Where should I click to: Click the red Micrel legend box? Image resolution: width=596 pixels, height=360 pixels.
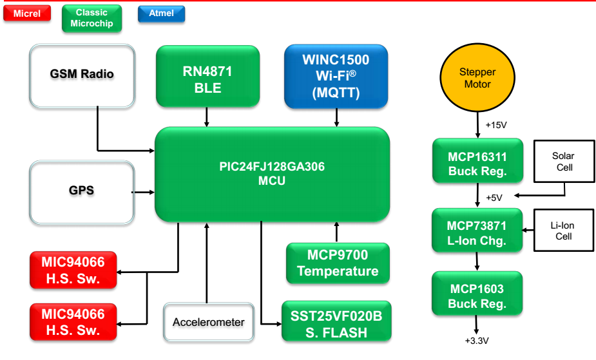[26, 13]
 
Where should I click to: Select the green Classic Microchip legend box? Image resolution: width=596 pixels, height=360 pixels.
[91, 18]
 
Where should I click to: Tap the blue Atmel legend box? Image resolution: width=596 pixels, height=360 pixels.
[161, 13]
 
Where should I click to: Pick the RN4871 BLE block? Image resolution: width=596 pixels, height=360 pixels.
[207, 75]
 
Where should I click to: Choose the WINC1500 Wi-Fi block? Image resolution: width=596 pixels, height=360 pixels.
[336, 75]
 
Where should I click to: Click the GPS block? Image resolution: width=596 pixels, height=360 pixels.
[82, 191]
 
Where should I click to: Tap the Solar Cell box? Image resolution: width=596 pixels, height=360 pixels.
[562, 162]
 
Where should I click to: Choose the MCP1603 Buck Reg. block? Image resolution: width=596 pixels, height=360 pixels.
[477, 296]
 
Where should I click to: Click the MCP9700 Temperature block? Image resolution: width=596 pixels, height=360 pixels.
[338, 263]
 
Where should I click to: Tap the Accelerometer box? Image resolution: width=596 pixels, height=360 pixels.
[207, 322]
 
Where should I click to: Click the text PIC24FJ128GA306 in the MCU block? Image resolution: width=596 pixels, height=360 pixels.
[271, 167]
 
